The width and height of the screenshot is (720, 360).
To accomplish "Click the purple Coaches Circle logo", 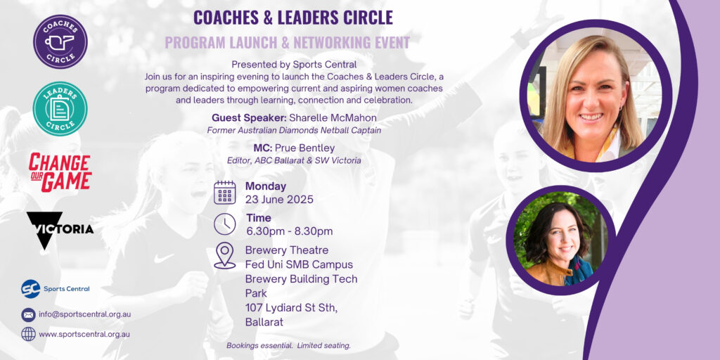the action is pos(60,41).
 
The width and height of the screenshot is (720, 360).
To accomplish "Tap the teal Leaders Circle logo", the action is pos(60,109).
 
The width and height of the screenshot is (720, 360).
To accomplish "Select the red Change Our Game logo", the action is pos(60,173).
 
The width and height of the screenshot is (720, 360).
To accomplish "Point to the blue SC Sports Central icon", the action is pos(31,289).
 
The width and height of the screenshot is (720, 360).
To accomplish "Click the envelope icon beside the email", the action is pos(28,314).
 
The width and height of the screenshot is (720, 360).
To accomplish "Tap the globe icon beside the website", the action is pos(28,334).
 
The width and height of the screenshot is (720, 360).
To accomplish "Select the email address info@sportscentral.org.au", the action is pos(85,314).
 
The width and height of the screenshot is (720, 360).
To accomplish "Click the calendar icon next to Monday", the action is pos(224,193).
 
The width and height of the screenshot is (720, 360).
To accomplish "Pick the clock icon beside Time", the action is pos(224,224).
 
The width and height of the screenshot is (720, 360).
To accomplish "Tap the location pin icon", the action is pos(224,256).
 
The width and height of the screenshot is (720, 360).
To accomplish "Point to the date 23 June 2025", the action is pos(279,200).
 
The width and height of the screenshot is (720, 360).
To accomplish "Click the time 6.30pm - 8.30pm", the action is pos(289,231).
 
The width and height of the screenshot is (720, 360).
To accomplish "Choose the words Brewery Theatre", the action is pos(287,250).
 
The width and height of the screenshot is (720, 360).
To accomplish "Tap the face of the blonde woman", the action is pos(591,97).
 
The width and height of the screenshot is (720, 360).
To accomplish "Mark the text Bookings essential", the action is pos(259,345).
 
